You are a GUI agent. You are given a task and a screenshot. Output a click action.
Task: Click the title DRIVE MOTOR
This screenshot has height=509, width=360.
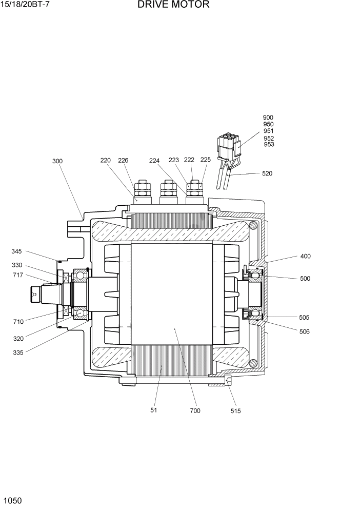[173, 5]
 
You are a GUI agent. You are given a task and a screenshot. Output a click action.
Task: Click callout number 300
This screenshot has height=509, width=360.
[57, 161]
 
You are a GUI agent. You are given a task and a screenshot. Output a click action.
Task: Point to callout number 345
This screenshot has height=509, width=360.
[17, 251]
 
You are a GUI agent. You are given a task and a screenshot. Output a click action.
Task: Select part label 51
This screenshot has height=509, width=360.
[153, 410]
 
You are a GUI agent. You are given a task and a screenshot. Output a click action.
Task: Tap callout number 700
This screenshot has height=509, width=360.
[195, 410]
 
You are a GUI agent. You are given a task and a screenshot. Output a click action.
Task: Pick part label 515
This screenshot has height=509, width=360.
[235, 411]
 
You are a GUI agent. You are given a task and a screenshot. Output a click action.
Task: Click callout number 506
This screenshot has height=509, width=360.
[305, 331]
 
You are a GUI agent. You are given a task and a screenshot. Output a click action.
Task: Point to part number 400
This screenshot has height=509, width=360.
[305, 256]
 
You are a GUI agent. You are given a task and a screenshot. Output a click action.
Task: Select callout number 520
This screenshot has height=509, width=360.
[267, 173]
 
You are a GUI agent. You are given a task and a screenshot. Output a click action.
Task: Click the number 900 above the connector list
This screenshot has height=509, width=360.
[268, 118]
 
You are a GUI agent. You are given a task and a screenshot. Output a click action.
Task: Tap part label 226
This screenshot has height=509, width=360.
[123, 160]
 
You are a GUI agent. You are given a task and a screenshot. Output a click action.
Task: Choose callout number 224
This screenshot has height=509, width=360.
[155, 160]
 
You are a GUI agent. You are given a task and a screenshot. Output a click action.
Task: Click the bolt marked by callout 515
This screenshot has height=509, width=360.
[228, 380]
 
